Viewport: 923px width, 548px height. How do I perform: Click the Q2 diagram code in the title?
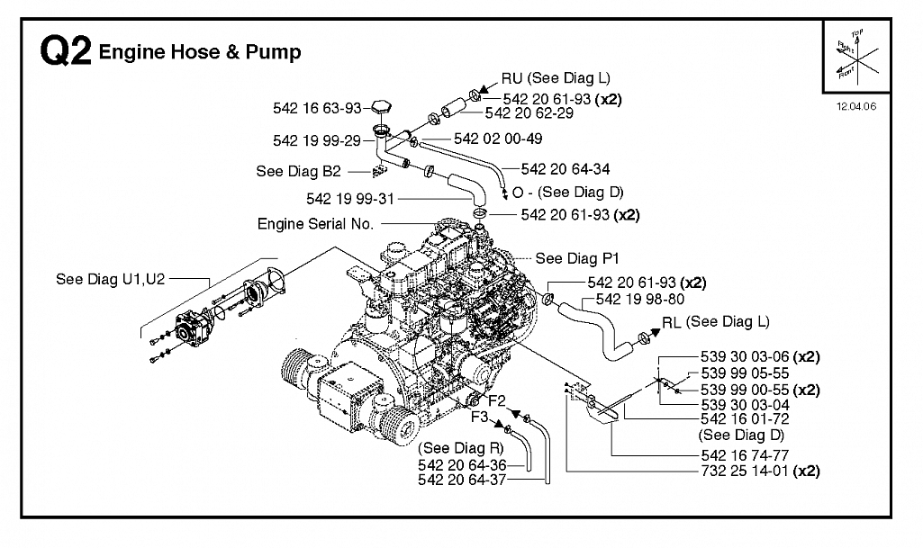point(66,50)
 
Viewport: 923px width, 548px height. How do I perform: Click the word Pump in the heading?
point(273,52)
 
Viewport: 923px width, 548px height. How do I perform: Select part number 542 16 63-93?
point(317,108)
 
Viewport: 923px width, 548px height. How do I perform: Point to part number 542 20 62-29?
point(529,112)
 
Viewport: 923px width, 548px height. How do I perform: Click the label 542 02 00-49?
point(498,139)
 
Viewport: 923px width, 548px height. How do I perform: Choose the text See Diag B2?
point(298,171)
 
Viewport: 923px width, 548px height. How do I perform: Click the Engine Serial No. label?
point(315,224)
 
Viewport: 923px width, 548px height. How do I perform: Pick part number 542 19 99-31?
point(349,200)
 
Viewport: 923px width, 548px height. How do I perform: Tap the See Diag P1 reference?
point(577,259)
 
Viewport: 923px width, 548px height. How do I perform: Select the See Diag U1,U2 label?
point(110,279)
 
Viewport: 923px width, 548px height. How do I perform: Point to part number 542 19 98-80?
point(640,300)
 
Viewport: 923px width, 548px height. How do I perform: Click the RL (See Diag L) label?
point(715,322)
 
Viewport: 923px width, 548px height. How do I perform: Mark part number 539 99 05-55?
point(745,373)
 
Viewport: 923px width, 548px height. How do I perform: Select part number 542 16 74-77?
point(745,455)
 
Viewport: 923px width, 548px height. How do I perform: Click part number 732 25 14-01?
point(744,471)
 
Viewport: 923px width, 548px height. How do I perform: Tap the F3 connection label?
point(479,417)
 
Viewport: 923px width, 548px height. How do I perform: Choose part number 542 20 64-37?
point(462,480)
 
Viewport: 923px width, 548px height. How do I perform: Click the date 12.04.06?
point(855,106)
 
